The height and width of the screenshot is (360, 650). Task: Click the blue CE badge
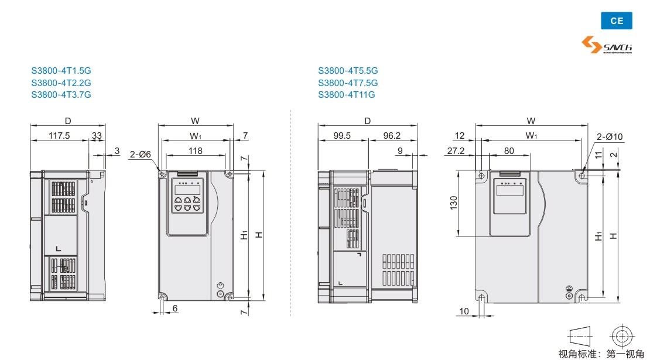click(x=617, y=20)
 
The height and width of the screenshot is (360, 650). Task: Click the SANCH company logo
click(x=607, y=44)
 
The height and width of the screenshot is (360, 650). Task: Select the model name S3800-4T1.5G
click(x=61, y=71)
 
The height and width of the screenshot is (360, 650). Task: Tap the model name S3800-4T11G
click(x=346, y=95)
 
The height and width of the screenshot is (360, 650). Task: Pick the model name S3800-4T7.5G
click(x=348, y=83)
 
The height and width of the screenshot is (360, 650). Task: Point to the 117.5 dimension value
click(x=59, y=135)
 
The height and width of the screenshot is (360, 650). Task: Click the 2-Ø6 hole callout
click(x=140, y=155)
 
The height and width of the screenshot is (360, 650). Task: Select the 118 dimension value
click(x=195, y=151)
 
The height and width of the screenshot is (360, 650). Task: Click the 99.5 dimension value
click(x=342, y=135)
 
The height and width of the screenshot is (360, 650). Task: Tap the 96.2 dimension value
click(x=392, y=135)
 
